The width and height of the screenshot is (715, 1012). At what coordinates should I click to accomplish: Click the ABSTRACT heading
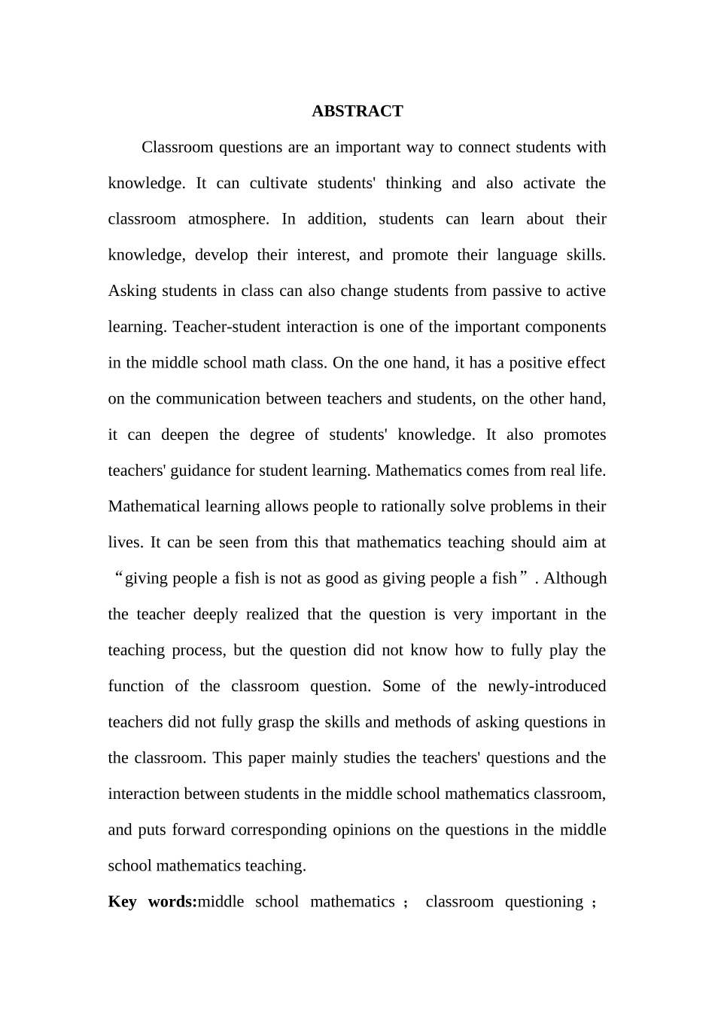357,111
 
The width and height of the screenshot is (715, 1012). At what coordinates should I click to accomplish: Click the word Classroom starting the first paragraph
177,147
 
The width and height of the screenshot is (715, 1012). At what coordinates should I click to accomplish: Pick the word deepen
185,434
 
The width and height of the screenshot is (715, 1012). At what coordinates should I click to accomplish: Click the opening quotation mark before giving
117,578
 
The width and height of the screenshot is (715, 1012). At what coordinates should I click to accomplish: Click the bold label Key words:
152,901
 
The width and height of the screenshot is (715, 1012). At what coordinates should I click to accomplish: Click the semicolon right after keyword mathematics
406,903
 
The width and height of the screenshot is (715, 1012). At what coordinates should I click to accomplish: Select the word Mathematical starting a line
154,506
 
